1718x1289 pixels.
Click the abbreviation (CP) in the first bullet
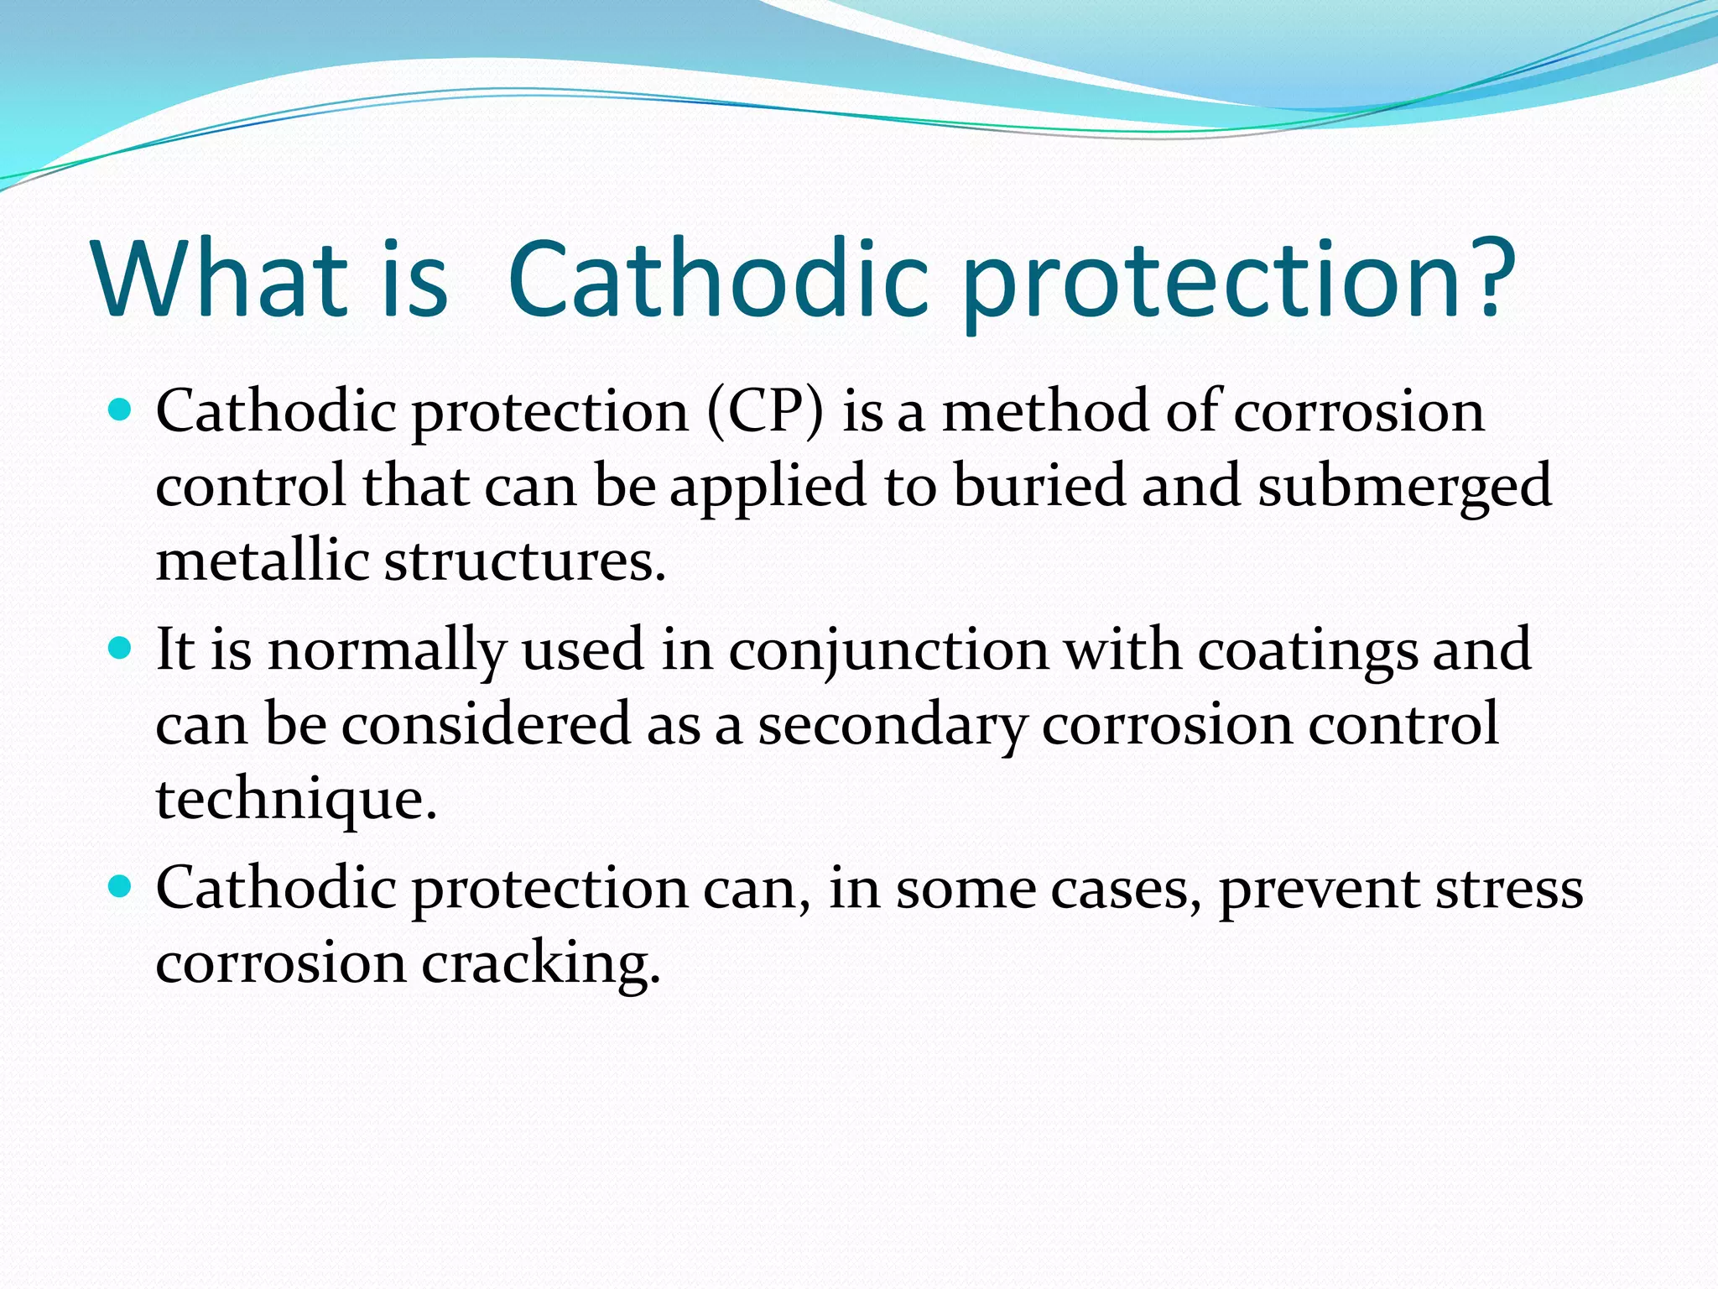click(765, 413)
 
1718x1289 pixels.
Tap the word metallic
click(262, 560)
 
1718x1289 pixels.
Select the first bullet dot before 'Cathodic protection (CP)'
click(121, 410)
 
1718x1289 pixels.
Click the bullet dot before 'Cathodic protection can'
click(121, 886)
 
